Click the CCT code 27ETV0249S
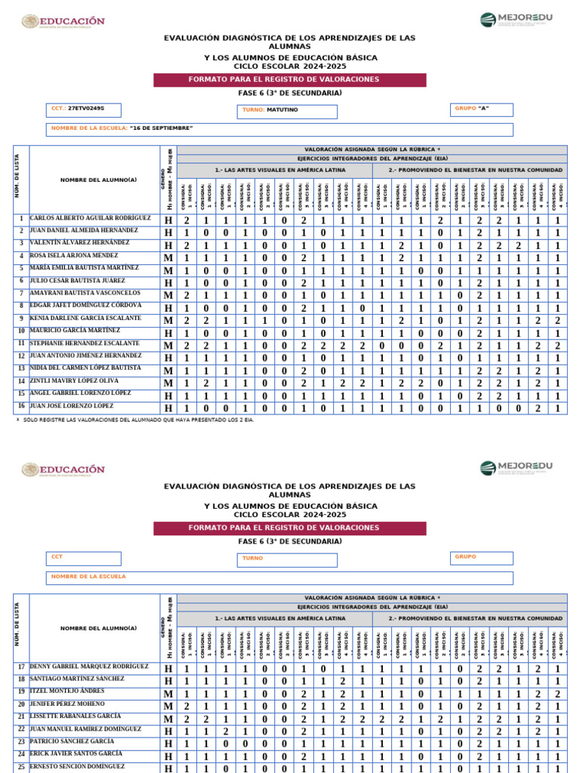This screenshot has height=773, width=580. click(x=85, y=109)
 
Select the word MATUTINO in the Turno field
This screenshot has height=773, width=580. click(x=282, y=109)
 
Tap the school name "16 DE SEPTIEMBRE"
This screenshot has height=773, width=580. click(x=161, y=128)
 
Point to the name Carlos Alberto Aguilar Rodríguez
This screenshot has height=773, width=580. click(x=90, y=218)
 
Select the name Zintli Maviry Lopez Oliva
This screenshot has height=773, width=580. click(x=74, y=381)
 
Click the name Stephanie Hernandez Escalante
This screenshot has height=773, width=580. click(x=85, y=343)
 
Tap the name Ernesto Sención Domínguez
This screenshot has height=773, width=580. click(x=77, y=766)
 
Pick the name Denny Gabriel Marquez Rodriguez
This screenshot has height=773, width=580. click(x=89, y=667)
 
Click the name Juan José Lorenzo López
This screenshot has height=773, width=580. click(x=72, y=406)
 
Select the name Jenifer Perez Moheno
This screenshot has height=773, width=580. click(x=68, y=704)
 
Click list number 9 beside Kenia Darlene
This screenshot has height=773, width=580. click(x=21, y=319)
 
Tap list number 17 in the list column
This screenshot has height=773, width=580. click(x=21, y=667)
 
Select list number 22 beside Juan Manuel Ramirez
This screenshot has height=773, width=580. click(x=21, y=729)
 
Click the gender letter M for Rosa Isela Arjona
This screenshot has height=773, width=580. click(x=168, y=258)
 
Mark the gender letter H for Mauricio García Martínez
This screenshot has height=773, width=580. click(x=168, y=333)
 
